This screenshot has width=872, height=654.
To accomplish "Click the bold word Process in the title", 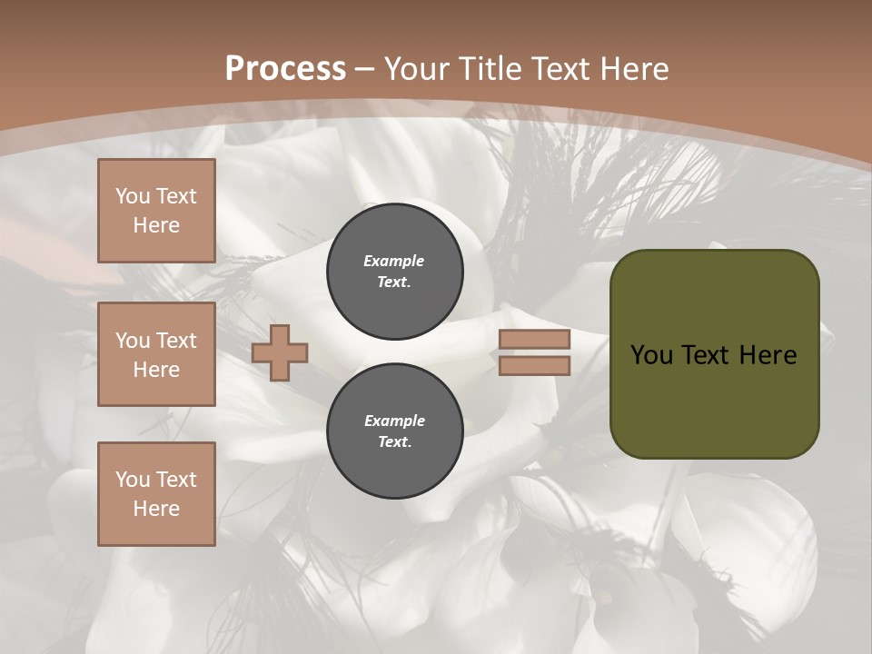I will pos(285,69).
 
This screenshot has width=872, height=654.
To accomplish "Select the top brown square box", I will pos(156,211).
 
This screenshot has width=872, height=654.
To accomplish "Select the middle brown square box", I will pos(156,354).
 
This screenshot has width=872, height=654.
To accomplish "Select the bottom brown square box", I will pos(156,493).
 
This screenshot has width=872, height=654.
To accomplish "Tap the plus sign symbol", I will pos(280,352).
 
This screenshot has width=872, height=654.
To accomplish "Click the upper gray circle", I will pos(394,272).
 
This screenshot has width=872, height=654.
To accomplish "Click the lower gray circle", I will pos(394,431).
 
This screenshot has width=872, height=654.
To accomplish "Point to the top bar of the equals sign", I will pos(534,340).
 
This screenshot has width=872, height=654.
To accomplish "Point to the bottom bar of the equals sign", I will pos(534,365).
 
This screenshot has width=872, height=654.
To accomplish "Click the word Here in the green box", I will pos(767,355).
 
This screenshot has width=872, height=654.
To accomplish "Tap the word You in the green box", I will pos(651,355).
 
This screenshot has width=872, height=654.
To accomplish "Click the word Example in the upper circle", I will pos(393,261).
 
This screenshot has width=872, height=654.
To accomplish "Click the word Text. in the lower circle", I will pos(394,442).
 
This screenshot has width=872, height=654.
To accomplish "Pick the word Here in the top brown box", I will pos(156,225).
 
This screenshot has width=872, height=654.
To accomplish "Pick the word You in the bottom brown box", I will pos(133,479).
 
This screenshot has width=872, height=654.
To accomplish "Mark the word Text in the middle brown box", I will pos(176,341).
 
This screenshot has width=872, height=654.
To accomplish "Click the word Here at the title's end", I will pos(632,69).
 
